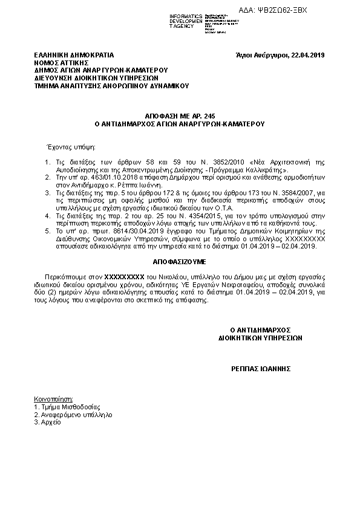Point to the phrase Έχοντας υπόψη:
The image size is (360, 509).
(67, 147)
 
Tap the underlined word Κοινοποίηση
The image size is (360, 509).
(54, 400)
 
